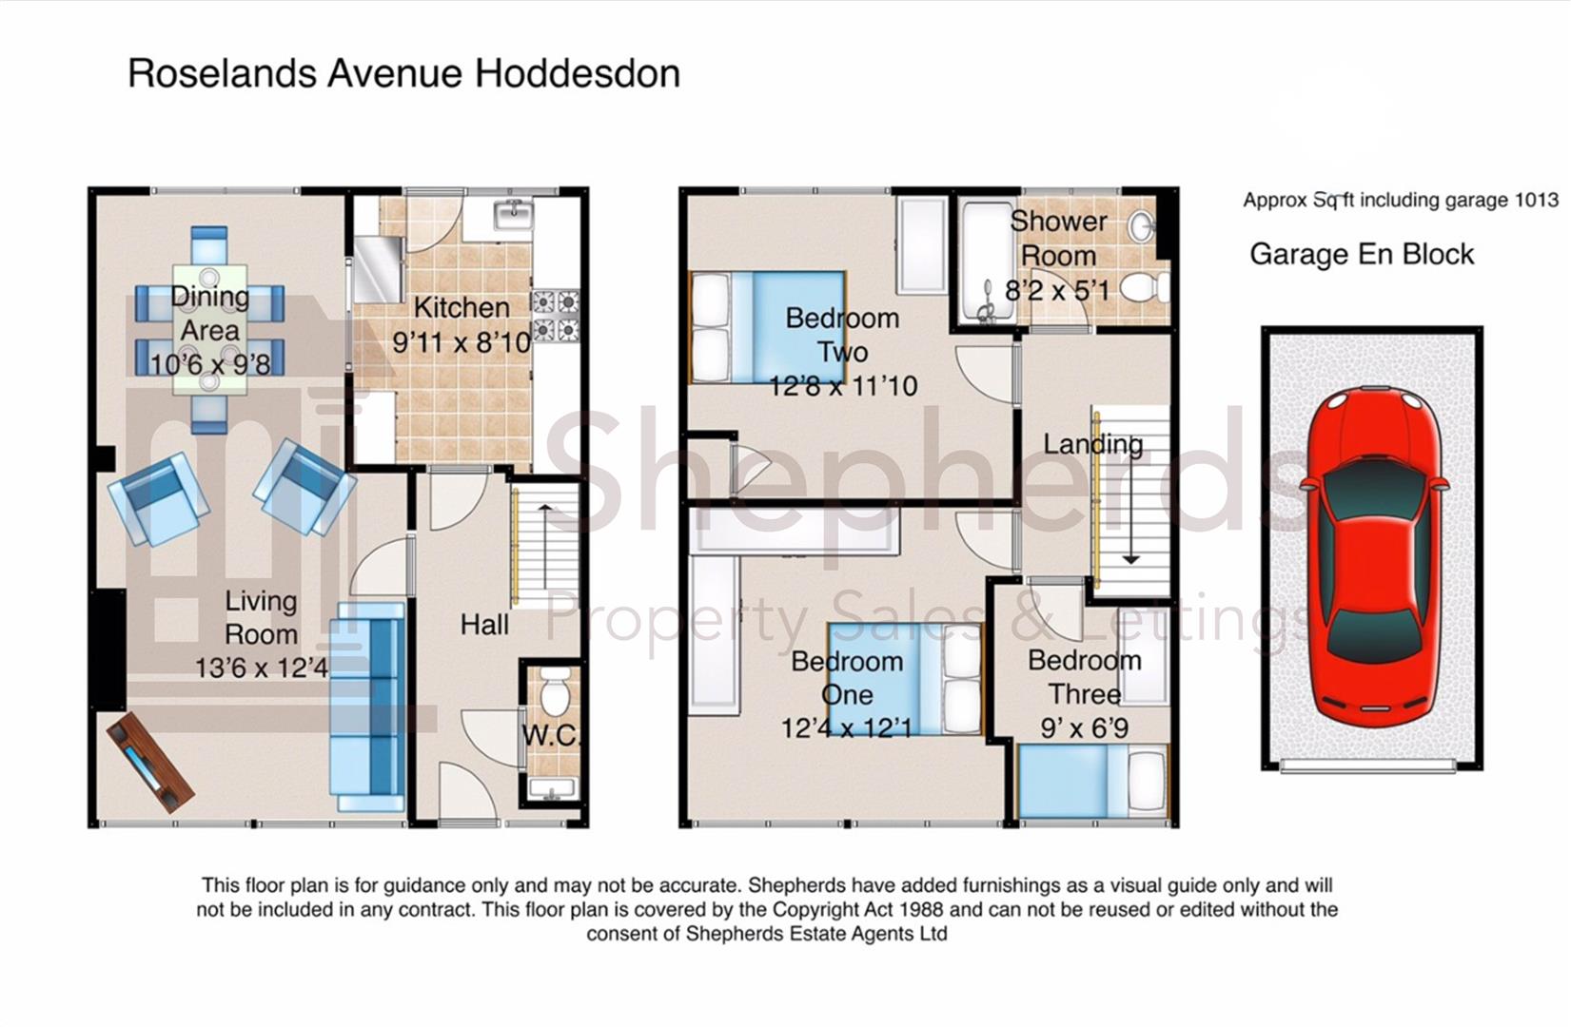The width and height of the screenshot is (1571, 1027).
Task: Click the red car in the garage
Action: [x=1372, y=558]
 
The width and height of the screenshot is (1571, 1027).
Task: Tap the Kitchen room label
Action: [x=461, y=307]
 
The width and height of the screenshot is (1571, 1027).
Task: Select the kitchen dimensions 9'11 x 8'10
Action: [x=461, y=342]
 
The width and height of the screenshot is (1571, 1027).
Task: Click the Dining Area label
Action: [x=209, y=314]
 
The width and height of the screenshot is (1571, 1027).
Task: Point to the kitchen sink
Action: [x=514, y=215]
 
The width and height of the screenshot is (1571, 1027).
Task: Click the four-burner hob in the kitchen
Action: [x=556, y=316]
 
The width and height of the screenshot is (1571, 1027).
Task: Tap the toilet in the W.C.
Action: [x=555, y=690]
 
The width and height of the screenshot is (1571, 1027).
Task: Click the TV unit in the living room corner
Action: [x=150, y=762]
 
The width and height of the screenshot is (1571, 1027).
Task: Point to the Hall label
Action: [x=484, y=625]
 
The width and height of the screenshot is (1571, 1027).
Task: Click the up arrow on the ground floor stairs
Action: [x=545, y=546]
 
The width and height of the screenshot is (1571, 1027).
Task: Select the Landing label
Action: [x=1092, y=444]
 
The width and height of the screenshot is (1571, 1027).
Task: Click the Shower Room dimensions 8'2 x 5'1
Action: [x=1057, y=289]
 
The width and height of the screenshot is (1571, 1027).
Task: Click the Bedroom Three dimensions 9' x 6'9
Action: [x=1084, y=728]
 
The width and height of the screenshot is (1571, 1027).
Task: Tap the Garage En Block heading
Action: [x=1362, y=254]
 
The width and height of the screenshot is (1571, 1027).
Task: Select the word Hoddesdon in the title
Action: [x=578, y=73]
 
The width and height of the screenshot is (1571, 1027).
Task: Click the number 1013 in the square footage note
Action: [x=1537, y=201]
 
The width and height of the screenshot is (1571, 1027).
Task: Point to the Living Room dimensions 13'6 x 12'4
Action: [x=261, y=669]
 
